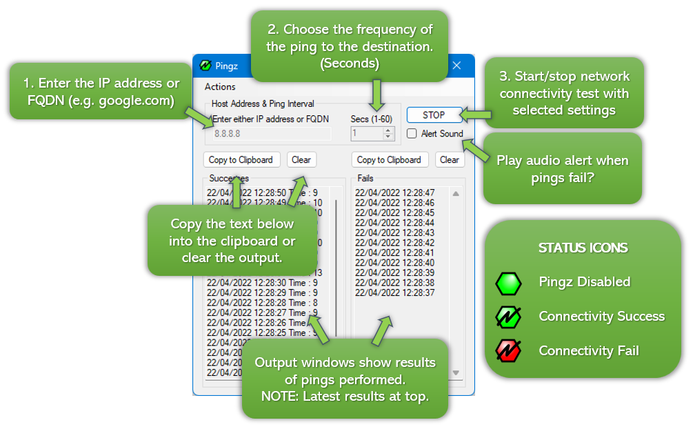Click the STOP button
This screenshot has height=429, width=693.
pyautogui.click(x=434, y=115)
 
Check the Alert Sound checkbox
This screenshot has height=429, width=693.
pyautogui.click(x=412, y=134)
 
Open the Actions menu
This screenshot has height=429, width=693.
pyautogui.click(x=220, y=87)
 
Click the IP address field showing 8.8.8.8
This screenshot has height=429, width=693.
pyautogui.click(x=272, y=134)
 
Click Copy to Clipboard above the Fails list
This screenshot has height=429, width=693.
pyautogui.click(x=390, y=160)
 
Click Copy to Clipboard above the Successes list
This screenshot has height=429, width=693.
pyautogui.click(x=241, y=160)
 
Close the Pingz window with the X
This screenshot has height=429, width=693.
pyautogui.click(x=456, y=66)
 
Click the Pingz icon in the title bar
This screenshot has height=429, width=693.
pyautogui.click(x=205, y=66)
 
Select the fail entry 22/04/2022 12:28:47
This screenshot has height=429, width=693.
pyautogui.click(x=395, y=193)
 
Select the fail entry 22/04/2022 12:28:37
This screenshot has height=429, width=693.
pyautogui.click(x=395, y=293)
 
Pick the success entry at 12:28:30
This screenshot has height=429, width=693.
pyautogui.click(x=262, y=283)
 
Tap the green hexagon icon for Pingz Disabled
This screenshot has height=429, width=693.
pyautogui.click(x=508, y=282)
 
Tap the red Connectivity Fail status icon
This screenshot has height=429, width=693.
pyautogui.click(x=508, y=351)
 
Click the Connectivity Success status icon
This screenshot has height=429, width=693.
pyautogui.click(x=508, y=317)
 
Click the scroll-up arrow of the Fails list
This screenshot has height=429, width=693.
pyautogui.click(x=456, y=194)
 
